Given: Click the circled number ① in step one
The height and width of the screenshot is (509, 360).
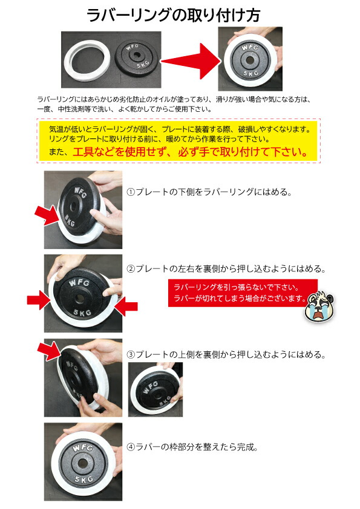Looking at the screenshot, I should [x=131, y=193].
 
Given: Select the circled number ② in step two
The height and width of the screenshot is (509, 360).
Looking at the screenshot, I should [x=131, y=269].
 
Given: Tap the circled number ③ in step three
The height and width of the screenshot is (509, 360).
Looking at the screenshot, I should [x=131, y=354].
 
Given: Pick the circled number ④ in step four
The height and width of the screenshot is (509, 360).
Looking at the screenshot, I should [x=131, y=448].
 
